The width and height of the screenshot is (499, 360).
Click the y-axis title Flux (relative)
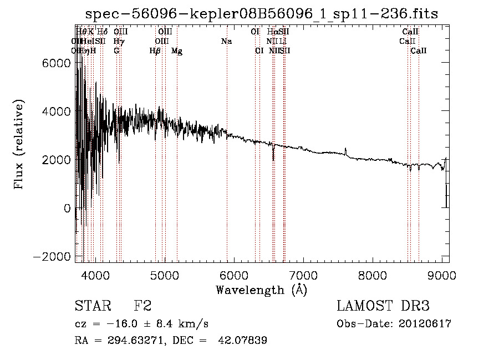pyautogui.click(x=19, y=145)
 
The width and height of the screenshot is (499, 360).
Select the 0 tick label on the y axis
pyautogui.click(x=67, y=208)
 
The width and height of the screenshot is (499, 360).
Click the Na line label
pyautogui.click(x=226, y=42)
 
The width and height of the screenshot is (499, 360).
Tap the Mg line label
pyautogui.click(x=177, y=51)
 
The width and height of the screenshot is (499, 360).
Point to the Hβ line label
pyautogui.click(x=155, y=51)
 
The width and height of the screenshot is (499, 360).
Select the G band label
pyautogui.click(x=116, y=51)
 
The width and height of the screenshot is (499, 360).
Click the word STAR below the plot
pyautogui.click(x=92, y=306)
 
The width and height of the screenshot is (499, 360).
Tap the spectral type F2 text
pyautogui.click(x=142, y=306)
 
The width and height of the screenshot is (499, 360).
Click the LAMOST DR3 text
pyautogui.click(x=383, y=306)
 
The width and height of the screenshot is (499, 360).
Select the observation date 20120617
pyautogui.click(x=424, y=324)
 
